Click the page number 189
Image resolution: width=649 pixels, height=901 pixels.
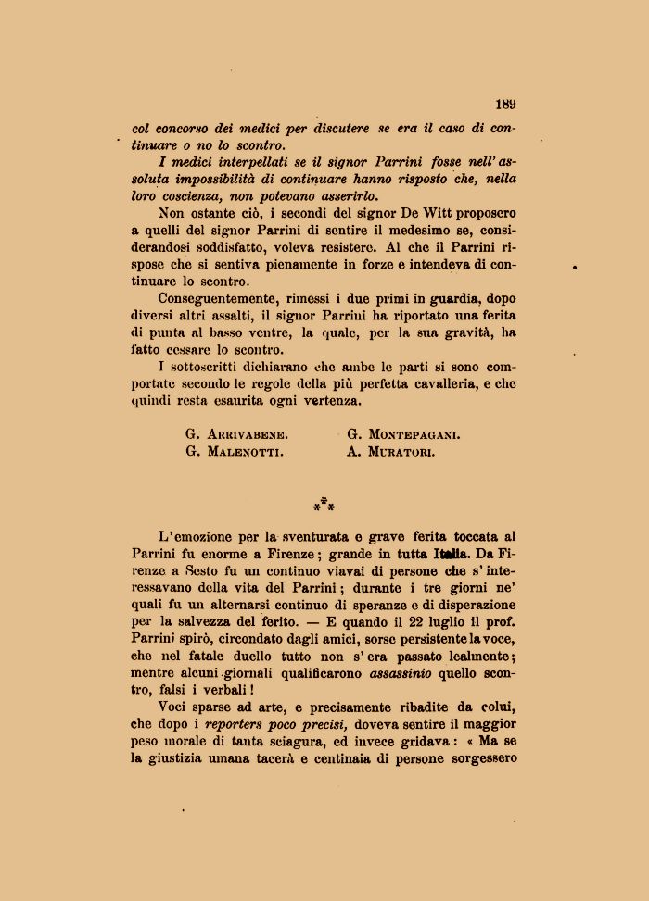coord(505,105)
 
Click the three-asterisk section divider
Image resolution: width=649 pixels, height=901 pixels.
coord(324,506)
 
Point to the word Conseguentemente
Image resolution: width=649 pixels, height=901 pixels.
coord(215,298)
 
